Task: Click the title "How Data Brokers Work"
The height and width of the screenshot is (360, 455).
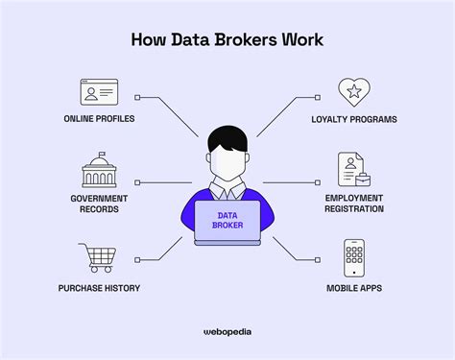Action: tap(227, 41)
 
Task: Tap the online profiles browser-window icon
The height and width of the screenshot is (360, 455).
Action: tap(99, 91)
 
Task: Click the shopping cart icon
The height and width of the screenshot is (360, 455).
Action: tap(99, 258)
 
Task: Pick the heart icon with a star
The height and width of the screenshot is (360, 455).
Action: tap(354, 92)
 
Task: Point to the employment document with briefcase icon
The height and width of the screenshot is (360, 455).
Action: tap(353, 170)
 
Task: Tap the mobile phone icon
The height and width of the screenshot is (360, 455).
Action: tap(354, 258)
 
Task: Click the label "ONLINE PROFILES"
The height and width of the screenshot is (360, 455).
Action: tap(99, 119)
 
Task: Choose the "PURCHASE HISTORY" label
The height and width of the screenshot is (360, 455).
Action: tap(99, 287)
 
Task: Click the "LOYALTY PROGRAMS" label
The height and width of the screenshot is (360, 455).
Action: tap(354, 119)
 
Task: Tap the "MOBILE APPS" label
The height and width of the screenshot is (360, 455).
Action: tap(354, 287)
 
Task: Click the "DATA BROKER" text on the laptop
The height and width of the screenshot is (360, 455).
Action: tap(227, 221)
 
